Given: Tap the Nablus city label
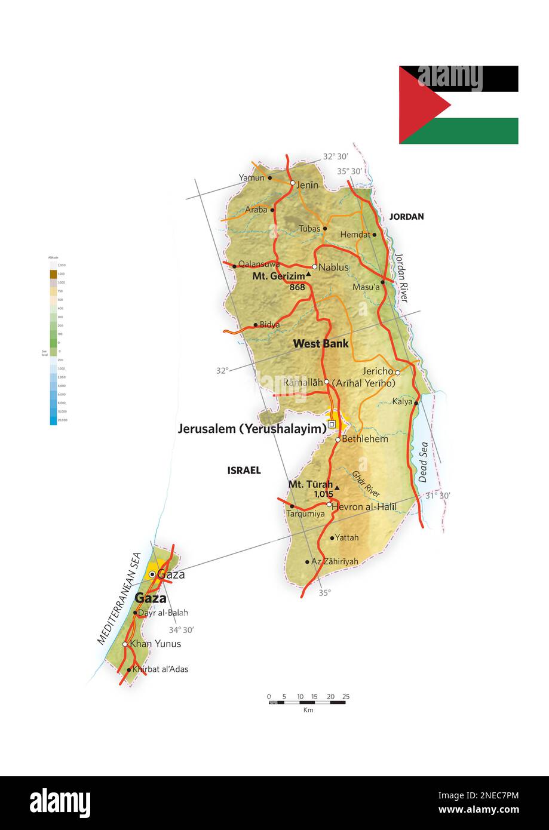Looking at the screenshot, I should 333,268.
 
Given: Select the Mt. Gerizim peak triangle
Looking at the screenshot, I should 308,275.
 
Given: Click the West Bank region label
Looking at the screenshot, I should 321,344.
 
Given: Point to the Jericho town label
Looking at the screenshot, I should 378,371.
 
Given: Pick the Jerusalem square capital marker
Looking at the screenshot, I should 332,424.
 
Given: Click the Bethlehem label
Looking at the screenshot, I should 364,439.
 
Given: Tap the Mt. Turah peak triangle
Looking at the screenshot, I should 337,488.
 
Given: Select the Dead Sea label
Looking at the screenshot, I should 423,462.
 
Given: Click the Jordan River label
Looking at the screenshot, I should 401,278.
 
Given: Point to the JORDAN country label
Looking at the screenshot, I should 406,217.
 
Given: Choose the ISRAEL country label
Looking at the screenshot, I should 244,471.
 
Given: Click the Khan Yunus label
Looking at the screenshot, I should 155,644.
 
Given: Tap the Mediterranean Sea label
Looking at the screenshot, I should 119,598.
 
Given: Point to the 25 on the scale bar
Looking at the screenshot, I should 346,697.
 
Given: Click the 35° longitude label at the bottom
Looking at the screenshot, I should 324,593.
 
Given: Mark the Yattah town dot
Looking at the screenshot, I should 332,538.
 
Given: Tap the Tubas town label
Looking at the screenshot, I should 309,229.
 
